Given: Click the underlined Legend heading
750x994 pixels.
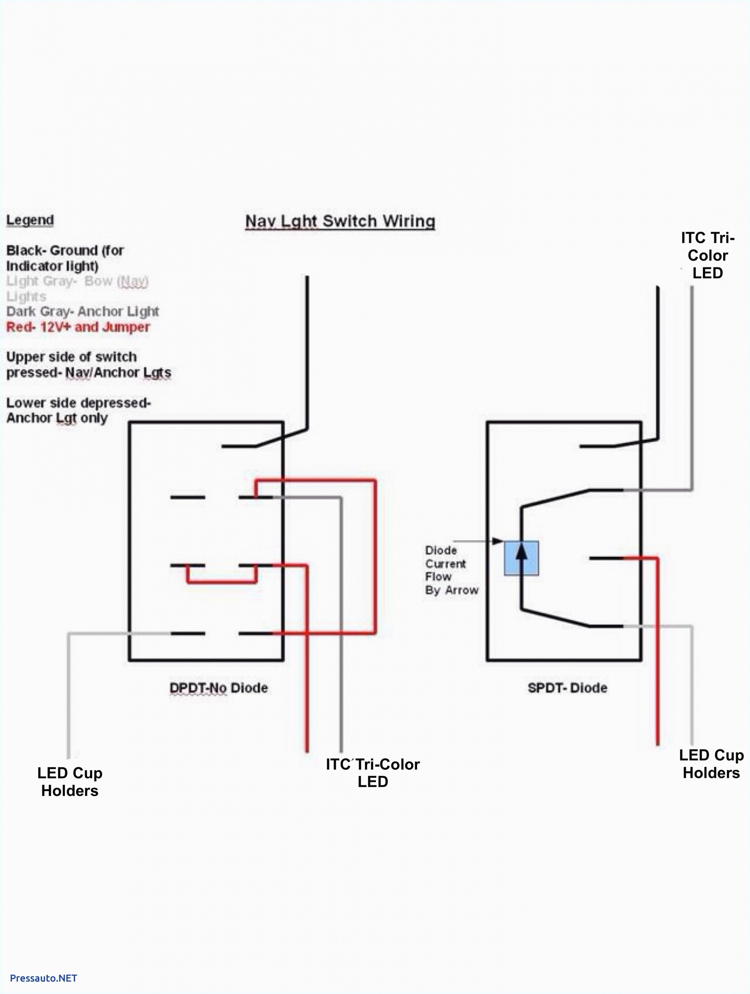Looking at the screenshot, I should pyautogui.click(x=30, y=220).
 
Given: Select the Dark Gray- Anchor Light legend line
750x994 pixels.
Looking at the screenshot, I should pyautogui.click(x=82, y=312).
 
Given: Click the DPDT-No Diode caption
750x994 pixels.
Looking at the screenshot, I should pyautogui.click(x=219, y=688).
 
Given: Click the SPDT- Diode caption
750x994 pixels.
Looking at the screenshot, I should pyautogui.click(x=567, y=688).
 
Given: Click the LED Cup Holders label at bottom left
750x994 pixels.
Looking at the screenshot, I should pyautogui.click(x=70, y=782).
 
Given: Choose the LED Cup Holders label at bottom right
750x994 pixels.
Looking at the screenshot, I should pyautogui.click(x=711, y=764).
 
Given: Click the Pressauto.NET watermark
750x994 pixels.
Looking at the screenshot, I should pyautogui.click(x=44, y=978).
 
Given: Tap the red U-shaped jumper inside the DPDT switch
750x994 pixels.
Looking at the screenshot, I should pyautogui.click(x=222, y=582).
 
